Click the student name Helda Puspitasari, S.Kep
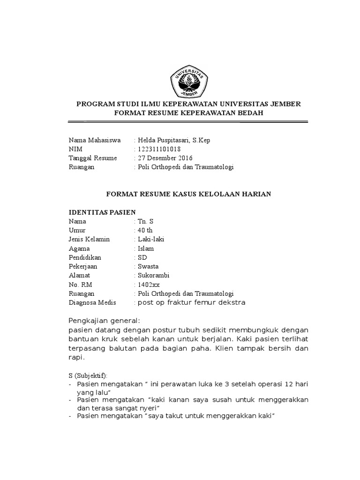click(x=170, y=140)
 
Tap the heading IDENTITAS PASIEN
click(x=102, y=212)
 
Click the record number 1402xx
click(x=147, y=284)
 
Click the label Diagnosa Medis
click(x=92, y=302)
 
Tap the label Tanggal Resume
click(x=93, y=157)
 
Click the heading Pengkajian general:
click(x=104, y=321)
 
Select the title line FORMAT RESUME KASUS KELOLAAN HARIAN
click(x=189, y=194)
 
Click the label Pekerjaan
click(x=84, y=266)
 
